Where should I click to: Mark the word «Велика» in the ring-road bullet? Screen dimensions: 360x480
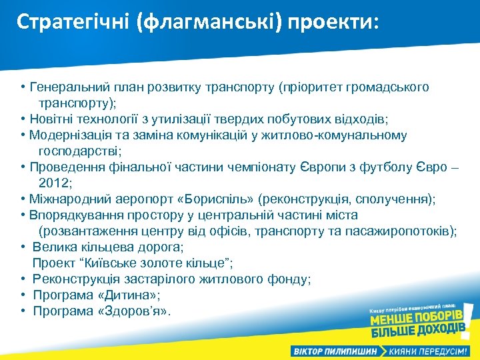(x=53, y=247)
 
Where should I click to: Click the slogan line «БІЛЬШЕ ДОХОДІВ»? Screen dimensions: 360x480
(x=417, y=331)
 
